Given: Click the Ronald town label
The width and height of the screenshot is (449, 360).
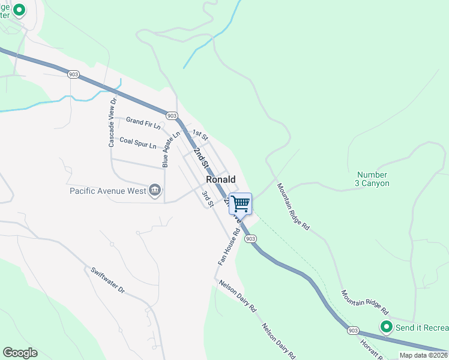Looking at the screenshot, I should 220,179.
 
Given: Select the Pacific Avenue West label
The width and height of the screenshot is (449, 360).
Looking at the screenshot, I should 108,191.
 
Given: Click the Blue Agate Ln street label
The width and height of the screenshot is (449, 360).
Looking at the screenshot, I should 170,149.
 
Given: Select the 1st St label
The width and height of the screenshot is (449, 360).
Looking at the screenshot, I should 200,134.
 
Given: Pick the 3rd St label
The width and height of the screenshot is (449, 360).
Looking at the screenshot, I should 208,199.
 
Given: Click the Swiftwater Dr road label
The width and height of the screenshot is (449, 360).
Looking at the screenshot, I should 108,280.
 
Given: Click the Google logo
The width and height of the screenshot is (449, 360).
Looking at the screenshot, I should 20,353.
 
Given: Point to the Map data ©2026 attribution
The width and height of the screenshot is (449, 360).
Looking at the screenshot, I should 423,355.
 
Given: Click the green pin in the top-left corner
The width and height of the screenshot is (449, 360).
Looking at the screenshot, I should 19,10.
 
